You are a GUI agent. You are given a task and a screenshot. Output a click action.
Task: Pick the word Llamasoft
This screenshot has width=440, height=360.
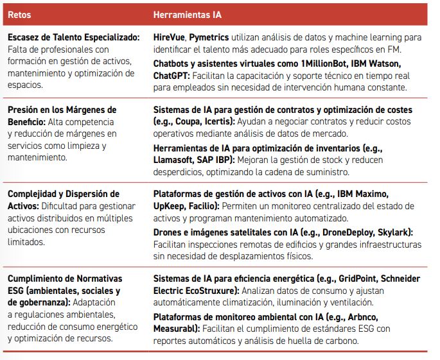177,160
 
